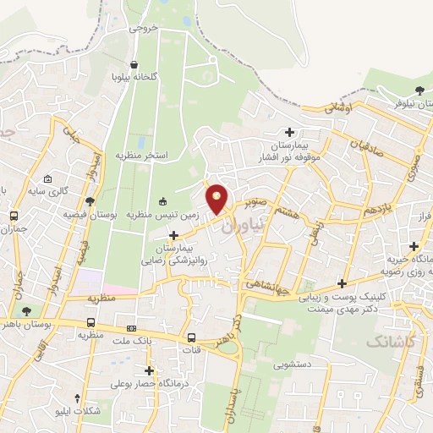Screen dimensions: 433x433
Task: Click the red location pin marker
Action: tap(218, 200)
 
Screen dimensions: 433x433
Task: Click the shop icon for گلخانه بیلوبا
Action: tap(134, 63)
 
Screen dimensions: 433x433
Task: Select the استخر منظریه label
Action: tap(144, 156)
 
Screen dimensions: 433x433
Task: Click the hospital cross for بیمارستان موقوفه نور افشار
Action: tap(290, 132)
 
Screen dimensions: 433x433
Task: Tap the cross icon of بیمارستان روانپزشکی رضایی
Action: tap(175, 236)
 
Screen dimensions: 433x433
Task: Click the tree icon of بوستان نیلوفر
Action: tap(419, 90)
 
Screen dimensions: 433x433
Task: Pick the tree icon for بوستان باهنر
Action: tap(28, 311)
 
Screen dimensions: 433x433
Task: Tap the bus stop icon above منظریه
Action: tap(90, 322)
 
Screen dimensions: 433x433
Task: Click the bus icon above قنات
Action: tap(193, 338)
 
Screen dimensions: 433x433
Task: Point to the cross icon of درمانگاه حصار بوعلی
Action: tap(150, 370)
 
